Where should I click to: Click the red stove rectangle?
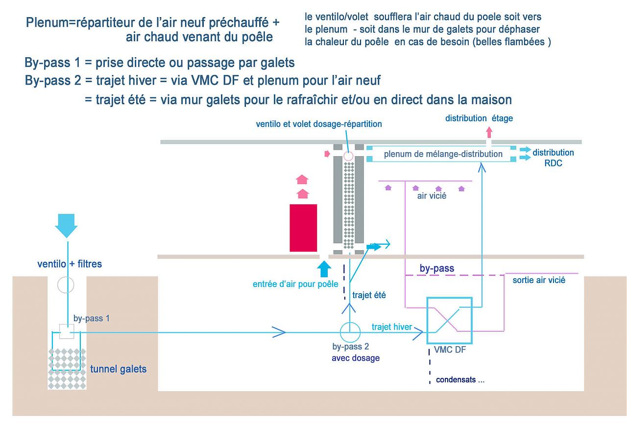[303, 228]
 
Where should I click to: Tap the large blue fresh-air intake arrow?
[66, 225]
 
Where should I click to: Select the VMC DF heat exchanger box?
[449, 321]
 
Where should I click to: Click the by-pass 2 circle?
[350, 333]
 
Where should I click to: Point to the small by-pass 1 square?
[66, 331]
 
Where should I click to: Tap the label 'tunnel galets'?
[118, 369]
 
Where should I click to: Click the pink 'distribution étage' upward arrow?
[488, 131]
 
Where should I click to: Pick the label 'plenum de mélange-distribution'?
[443, 154]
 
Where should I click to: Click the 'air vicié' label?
[432, 196]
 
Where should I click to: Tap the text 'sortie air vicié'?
[539, 280]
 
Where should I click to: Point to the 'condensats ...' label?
[460, 380]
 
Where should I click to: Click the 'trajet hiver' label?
[392, 327]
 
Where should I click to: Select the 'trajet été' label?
[369, 295]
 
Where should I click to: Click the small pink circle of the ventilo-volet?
[348, 156]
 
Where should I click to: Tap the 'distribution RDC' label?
[553, 158]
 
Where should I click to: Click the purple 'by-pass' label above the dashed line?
[436, 268]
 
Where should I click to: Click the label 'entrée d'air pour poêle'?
[295, 284]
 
